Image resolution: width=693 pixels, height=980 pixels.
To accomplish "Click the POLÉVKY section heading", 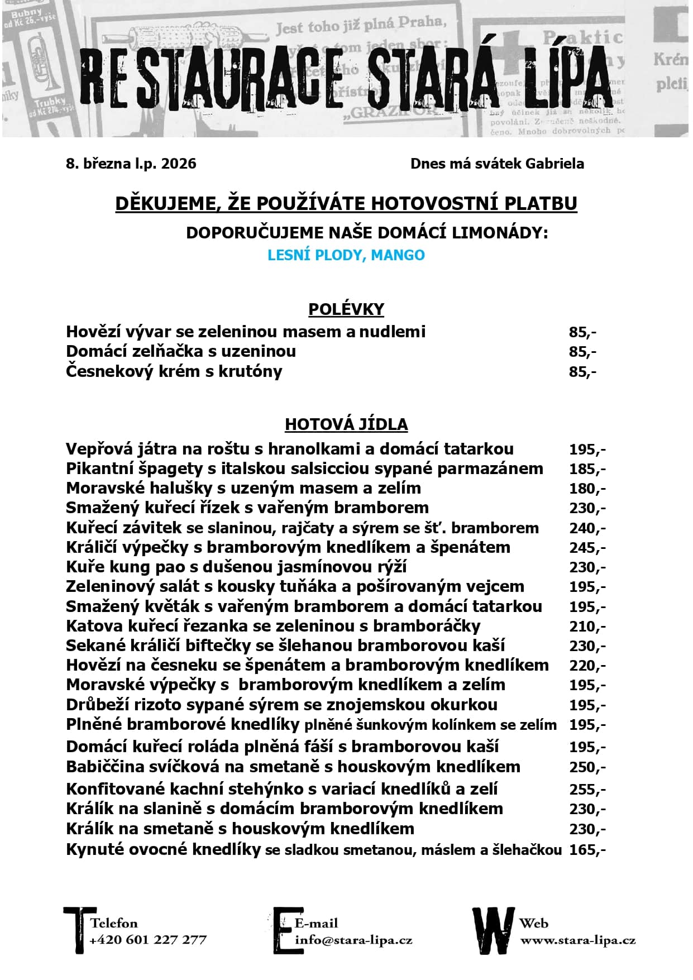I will point(346,309).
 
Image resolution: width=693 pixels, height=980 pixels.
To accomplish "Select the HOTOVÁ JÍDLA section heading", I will point(346,424).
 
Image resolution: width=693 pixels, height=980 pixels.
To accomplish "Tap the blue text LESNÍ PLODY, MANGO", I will point(346,255).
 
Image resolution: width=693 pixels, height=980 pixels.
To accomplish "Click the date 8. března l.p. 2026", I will point(131,164).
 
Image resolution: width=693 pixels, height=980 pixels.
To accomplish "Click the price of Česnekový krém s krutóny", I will point(582,372).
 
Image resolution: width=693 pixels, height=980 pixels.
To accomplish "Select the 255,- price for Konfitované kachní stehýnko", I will point(587,790).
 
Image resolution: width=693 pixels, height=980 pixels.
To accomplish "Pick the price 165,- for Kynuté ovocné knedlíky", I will point(587,850).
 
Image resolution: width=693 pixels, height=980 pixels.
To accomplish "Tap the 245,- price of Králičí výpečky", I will point(587,548).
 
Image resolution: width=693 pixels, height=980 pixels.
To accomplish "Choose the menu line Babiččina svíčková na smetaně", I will point(293,767).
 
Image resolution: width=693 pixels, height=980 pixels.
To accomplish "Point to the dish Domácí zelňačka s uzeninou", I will point(181,352).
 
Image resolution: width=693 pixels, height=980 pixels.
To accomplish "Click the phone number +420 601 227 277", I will point(148,940).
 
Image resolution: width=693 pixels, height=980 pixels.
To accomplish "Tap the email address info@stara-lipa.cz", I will point(353,940).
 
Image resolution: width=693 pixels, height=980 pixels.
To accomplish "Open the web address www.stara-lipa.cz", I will point(577,940).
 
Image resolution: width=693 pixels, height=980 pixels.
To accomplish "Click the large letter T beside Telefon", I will point(76,929).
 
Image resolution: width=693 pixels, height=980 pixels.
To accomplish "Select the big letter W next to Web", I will point(493,930).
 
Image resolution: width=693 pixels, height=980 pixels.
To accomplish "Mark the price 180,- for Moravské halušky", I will point(587,489).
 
